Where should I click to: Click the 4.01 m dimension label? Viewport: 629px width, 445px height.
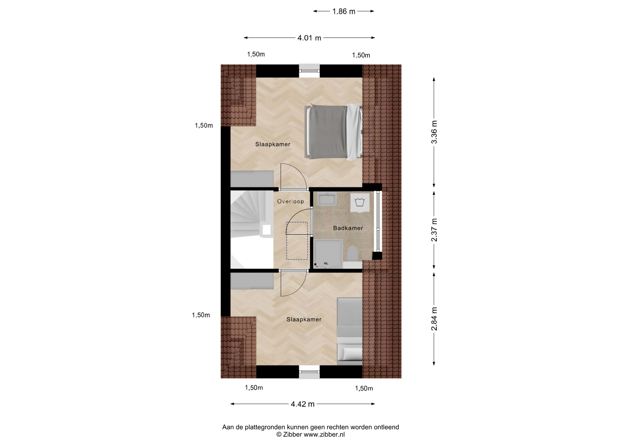(309, 38)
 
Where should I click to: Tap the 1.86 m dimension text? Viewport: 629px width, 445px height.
(344, 11)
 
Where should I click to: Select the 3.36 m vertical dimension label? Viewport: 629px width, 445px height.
(434, 132)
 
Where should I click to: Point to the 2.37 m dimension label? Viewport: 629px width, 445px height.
(434, 230)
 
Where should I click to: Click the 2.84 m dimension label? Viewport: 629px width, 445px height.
(434, 319)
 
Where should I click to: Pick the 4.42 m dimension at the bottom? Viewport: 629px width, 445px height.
(302, 404)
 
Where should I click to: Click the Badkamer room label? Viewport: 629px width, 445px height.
(348, 228)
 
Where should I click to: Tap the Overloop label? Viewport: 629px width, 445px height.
(291, 202)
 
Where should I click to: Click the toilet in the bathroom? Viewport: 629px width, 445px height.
(353, 254)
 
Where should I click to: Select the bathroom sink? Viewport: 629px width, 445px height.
(327, 199)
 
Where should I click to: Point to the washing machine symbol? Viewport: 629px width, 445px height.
(360, 202)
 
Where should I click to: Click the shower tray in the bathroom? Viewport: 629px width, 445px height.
(328, 254)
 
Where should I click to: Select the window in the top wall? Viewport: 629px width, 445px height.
(309, 70)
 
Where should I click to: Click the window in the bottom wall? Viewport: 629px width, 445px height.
(309, 372)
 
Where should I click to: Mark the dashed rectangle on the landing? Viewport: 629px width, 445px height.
(297, 241)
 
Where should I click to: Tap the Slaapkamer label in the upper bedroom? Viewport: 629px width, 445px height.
(273, 144)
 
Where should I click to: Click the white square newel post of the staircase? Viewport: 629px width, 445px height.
(267, 230)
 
